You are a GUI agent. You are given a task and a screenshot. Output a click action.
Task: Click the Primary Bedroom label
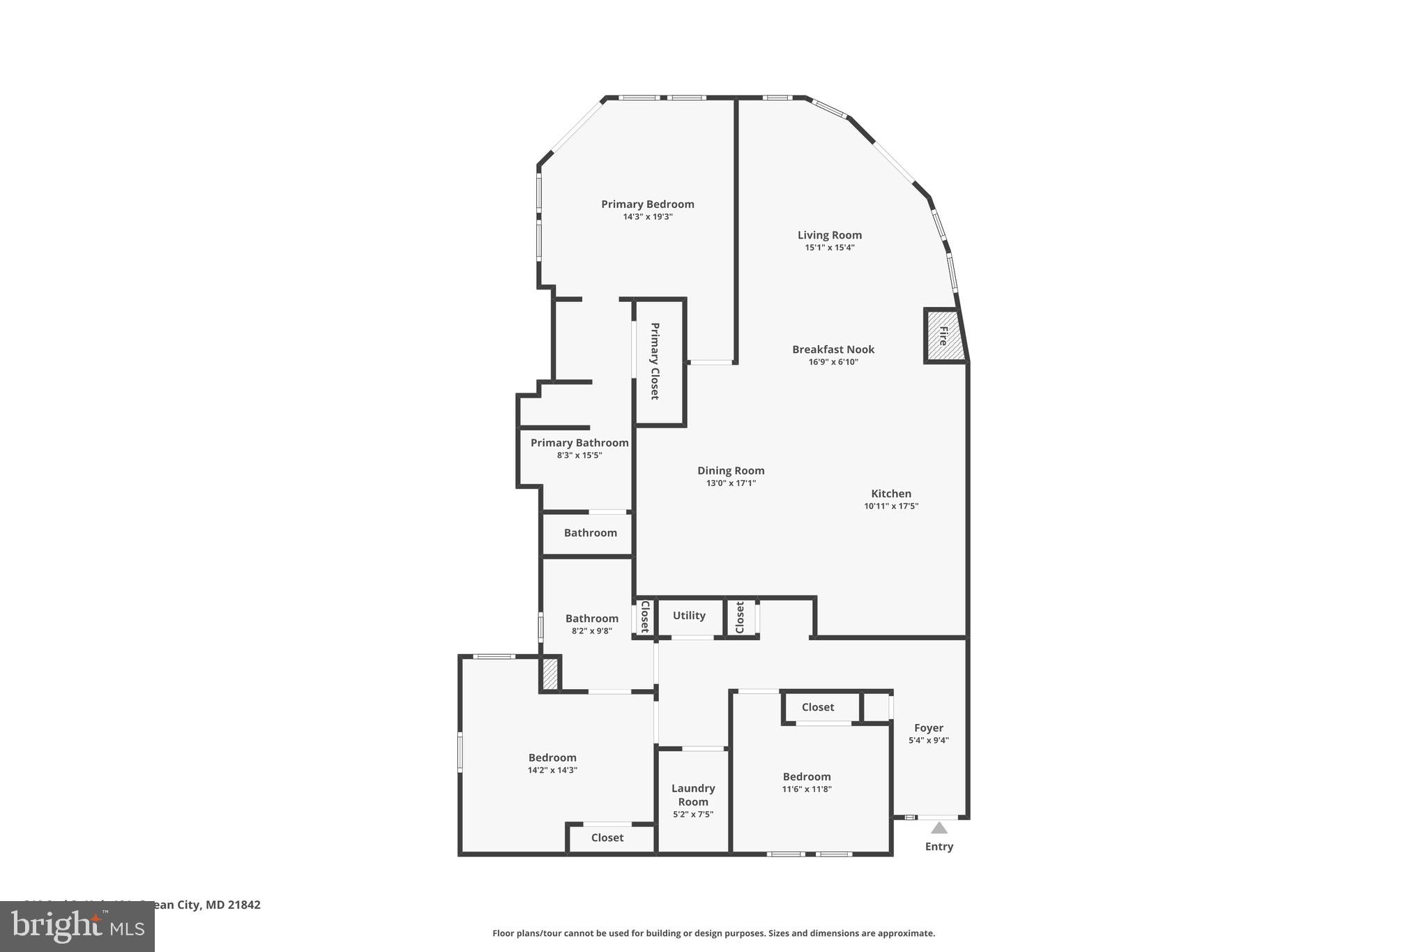[x=648, y=204]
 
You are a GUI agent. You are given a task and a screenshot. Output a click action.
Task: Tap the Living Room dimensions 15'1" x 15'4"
[x=830, y=248]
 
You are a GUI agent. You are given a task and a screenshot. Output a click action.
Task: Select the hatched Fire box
[x=944, y=336]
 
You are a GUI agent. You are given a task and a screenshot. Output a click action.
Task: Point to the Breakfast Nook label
[x=833, y=349]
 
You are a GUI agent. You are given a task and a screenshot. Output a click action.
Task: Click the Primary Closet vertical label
[x=655, y=361]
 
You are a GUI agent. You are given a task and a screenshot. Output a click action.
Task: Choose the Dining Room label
[x=731, y=471]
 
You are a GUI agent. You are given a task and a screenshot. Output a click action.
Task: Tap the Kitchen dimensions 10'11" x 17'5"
[x=891, y=506]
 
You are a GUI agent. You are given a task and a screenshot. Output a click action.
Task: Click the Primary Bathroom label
[x=579, y=443]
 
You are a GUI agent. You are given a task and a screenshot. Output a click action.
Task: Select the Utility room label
[x=689, y=615]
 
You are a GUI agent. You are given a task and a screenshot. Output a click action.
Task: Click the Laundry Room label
[x=693, y=794]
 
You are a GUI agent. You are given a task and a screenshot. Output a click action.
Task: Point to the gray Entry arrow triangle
[x=939, y=828]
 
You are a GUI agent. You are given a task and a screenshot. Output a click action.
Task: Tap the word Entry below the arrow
[x=939, y=847]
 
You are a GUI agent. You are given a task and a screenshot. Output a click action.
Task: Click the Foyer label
[x=929, y=728]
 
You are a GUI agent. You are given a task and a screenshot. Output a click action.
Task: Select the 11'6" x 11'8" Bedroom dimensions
[x=807, y=789]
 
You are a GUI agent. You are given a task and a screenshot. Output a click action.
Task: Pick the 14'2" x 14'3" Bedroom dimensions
[x=552, y=771]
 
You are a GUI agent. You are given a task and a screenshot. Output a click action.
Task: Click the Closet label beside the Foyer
[x=818, y=707]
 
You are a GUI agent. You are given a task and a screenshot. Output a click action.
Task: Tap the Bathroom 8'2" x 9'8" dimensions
[x=592, y=631]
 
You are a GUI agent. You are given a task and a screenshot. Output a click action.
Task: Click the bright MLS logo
[x=77, y=926]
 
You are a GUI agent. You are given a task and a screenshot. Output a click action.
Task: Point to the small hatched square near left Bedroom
[x=550, y=675]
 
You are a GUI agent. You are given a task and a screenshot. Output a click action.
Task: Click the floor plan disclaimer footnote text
[x=713, y=933]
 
